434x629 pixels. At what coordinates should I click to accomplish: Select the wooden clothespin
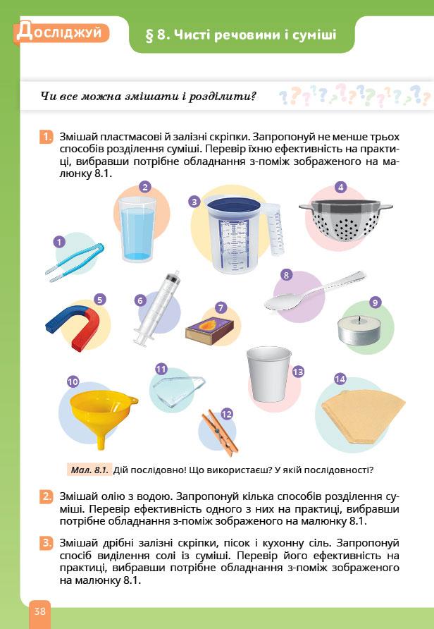coord(220,432)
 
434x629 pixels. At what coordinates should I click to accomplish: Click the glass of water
coord(137,229)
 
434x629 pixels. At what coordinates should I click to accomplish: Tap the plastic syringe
coord(157,308)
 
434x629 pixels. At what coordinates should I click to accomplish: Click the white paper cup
coord(269,374)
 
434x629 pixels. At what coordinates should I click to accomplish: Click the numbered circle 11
coord(161,369)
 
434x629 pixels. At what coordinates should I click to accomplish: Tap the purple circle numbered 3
coord(194,202)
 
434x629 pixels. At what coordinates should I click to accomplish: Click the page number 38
coord(39,611)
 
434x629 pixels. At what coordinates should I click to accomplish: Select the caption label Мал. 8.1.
coord(89,470)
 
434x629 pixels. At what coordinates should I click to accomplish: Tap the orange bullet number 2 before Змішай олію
coord(46,496)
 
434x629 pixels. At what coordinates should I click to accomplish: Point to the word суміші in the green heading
coord(315,35)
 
